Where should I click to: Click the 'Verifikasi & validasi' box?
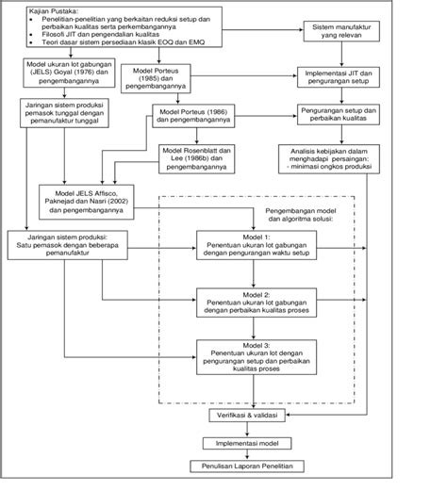pyautogui.click(x=253, y=416)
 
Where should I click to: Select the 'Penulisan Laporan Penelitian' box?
pyautogui.click(x=253, y=468)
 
